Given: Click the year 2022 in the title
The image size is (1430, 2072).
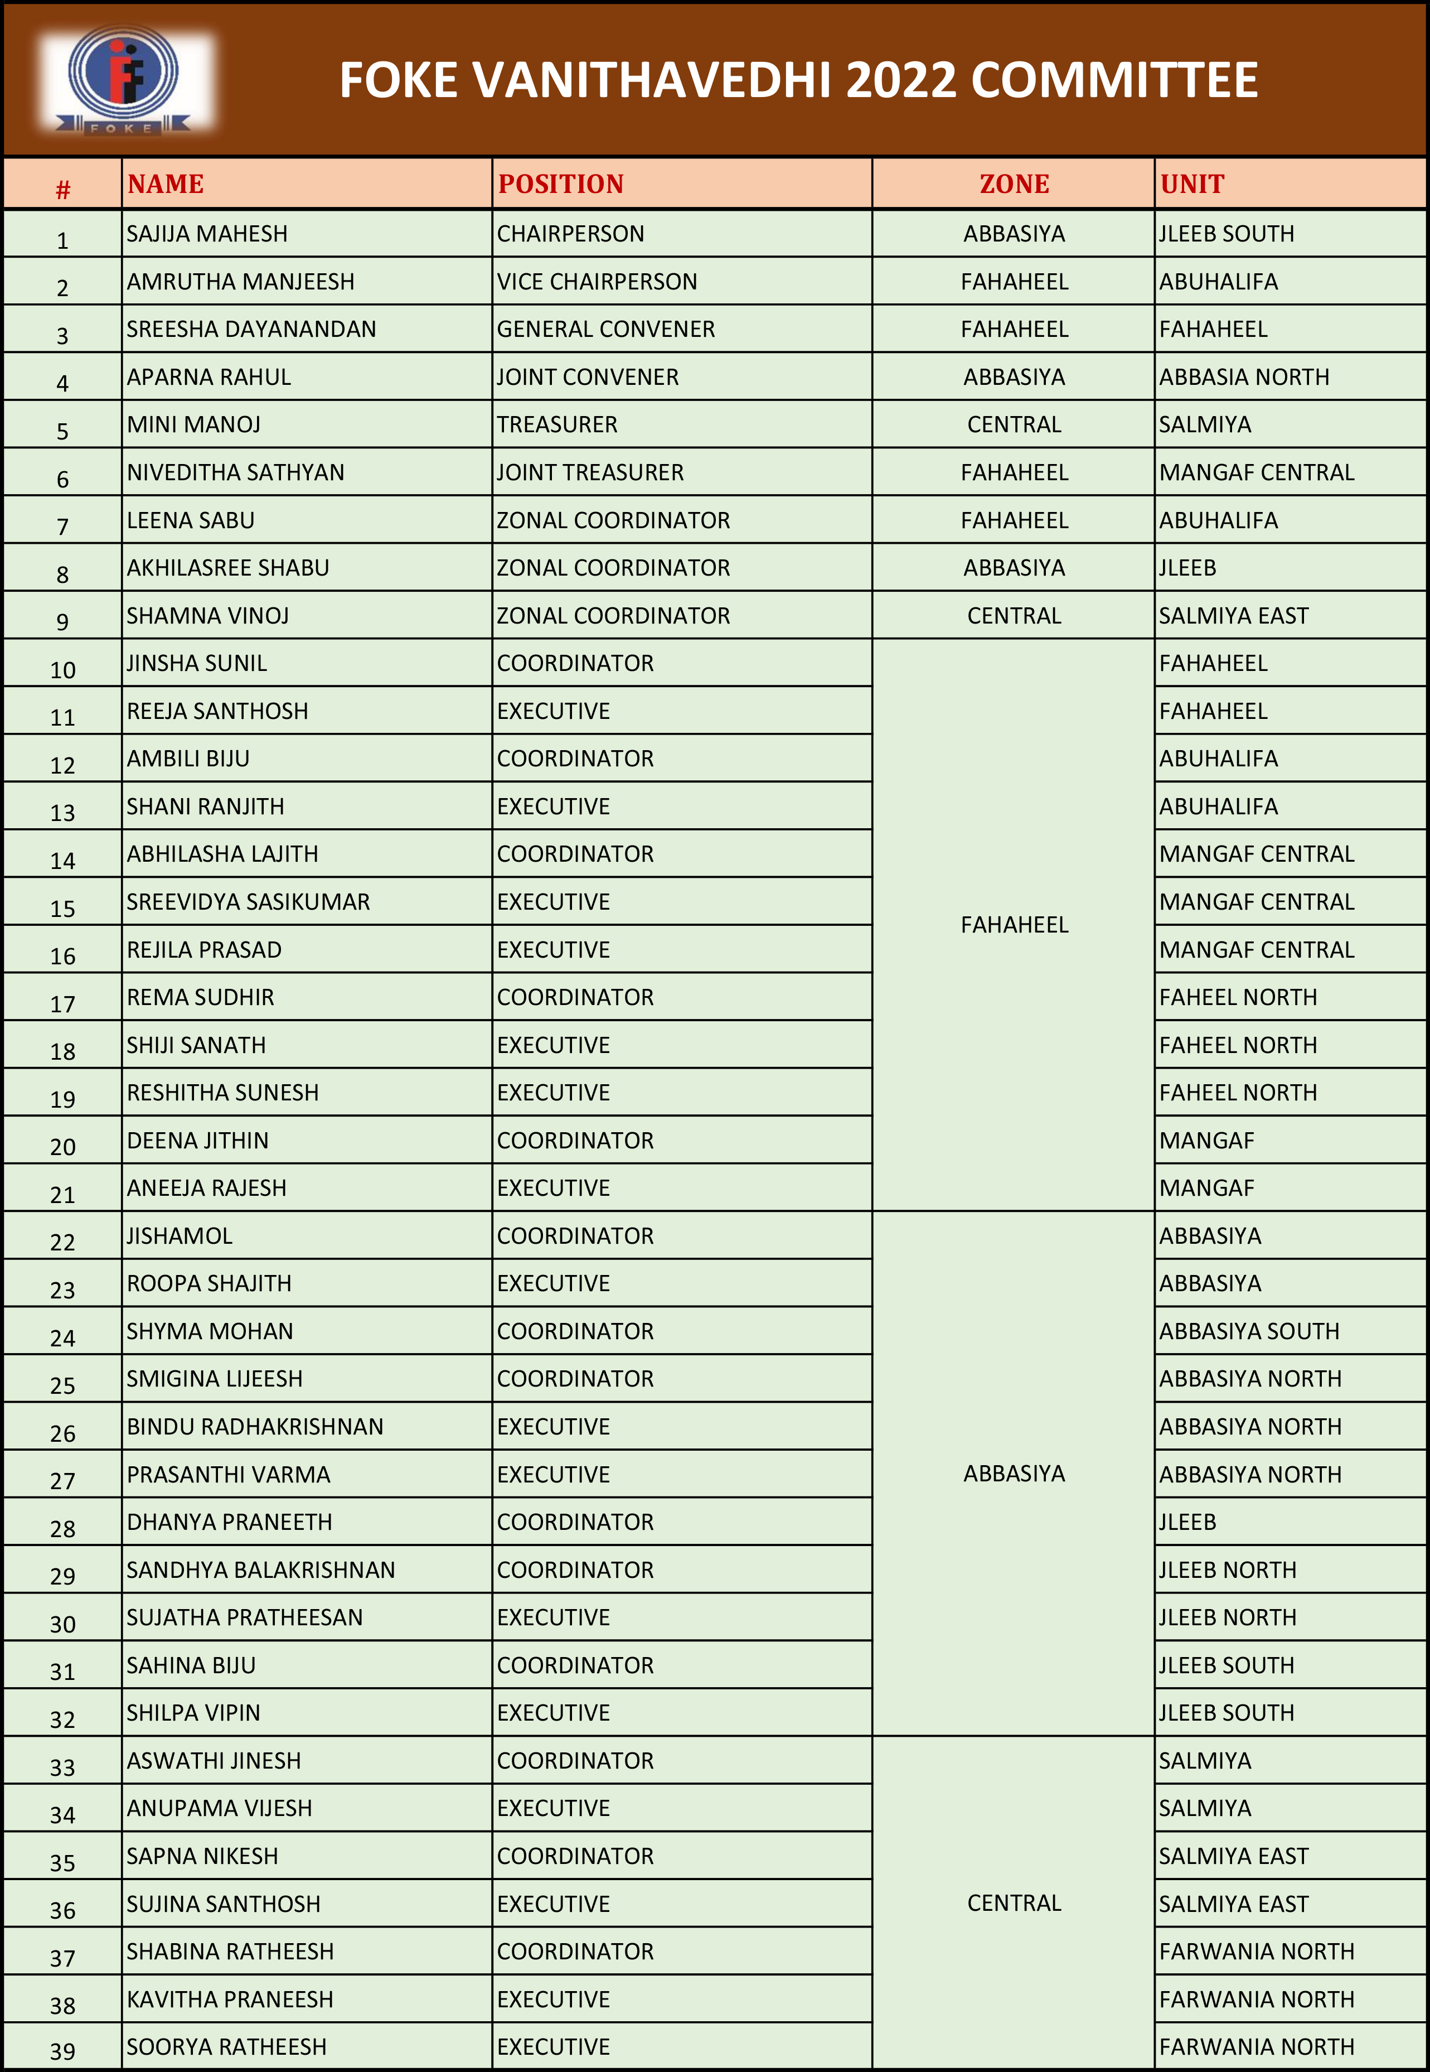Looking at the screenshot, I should [x=901, y=81].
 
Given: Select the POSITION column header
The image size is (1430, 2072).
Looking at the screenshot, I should [x=561, y=185].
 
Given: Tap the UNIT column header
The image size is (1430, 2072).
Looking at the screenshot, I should [x=1192, y=185].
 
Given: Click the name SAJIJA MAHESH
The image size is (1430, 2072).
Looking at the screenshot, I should [x=207, y=234].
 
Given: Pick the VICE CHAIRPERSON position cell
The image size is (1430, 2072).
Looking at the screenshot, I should [x=597, y=282].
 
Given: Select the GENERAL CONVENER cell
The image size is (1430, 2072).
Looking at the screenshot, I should [x=605, y=330].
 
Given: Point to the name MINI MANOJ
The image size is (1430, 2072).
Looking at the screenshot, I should [x=193, y=425].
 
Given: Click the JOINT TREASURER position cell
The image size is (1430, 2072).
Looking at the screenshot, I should [x=590, y=472].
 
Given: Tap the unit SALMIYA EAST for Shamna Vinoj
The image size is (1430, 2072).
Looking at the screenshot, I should [x=1234, y=616].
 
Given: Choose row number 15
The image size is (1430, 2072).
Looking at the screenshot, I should [x=62, y=909].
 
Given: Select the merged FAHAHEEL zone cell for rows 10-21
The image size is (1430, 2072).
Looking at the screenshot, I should [x=1014, y=925].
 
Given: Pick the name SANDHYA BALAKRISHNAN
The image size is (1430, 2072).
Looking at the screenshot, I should [x=261, y=1570].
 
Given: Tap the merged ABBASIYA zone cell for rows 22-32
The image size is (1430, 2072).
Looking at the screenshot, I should [x=1014, y=1474].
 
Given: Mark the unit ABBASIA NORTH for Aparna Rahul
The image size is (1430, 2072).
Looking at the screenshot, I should [x=1244, y=377].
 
